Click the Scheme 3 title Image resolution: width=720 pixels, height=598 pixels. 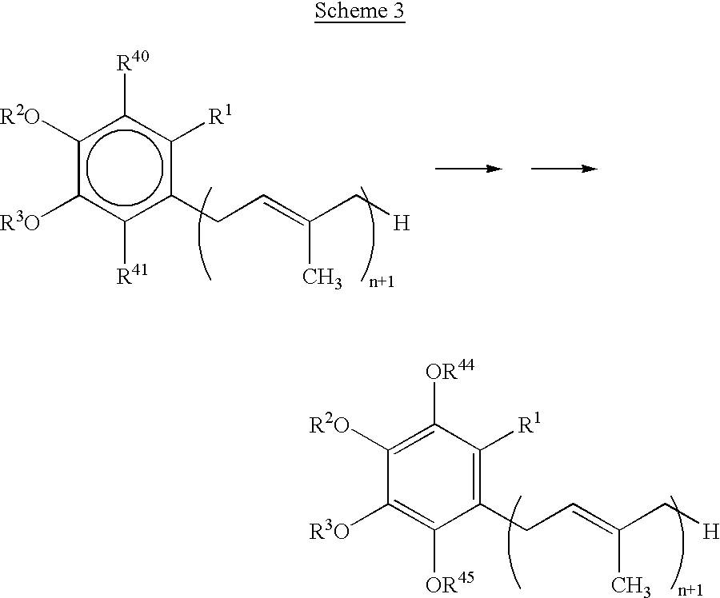click(359, 11)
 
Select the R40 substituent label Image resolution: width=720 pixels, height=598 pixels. click(133, 62)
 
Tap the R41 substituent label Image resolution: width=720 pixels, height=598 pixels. click(132, 274)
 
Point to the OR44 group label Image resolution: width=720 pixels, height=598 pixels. click(450, 370)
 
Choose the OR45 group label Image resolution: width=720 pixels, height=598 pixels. click(450, 582)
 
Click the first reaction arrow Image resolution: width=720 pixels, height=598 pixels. click(469, 169)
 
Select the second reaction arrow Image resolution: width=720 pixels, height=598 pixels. click(564, 169)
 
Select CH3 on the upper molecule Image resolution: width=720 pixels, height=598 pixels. click(322, 278)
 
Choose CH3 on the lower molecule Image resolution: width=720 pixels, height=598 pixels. click(631, 587)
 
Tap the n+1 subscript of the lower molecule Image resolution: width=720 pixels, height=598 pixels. click(690, 590)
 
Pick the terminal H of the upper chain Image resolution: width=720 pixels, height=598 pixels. click(402, 224)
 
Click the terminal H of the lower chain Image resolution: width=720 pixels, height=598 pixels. click(711, 532)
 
